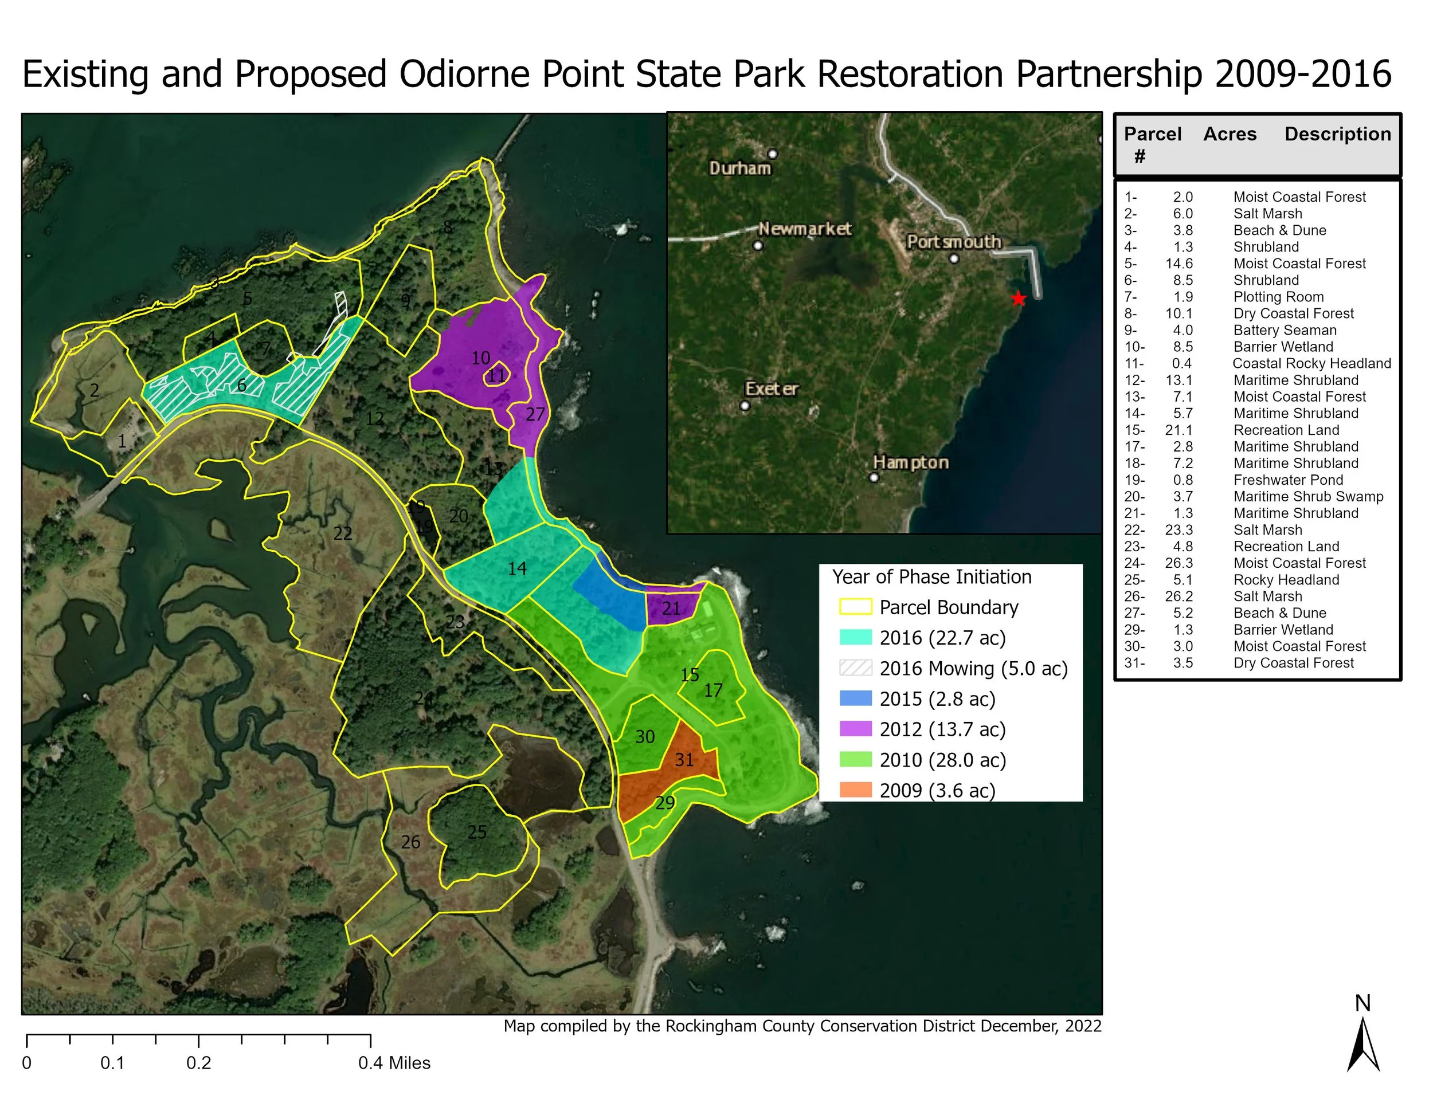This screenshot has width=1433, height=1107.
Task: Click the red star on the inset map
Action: (x=1017, y=299)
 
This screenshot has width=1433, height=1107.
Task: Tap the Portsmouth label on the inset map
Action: (x=953, y=242)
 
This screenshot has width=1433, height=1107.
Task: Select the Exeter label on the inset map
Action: (x=772, y=389)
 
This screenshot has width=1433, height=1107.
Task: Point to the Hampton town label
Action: (x=911, y=462)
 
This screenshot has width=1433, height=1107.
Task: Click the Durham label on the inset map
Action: (x=740, y=168)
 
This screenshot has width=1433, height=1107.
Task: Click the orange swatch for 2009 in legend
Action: (x=856, y=790)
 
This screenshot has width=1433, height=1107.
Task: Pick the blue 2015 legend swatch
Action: (x=856, y=698)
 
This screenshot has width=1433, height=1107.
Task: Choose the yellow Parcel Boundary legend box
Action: (x=856, y=607)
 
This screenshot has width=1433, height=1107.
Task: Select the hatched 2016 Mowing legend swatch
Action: (x=856, y=668)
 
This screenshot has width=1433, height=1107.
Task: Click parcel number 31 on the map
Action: (x=684, y=759)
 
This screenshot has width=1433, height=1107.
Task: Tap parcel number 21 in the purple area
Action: (x=671, y=609)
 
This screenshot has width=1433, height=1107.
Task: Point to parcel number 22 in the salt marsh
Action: (x=343, y=534)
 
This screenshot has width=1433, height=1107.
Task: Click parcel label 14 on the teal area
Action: (x=517, y=568)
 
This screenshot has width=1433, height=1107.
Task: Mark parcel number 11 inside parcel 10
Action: (x=497, y=376)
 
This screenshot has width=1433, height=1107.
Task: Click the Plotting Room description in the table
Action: (x=1278, y=297)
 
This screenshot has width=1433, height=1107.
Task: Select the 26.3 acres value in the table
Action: (x=1178, y=563)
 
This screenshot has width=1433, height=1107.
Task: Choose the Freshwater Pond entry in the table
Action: (x=1288, y=480)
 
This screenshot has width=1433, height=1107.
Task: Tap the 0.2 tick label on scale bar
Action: (x=199, y=1063)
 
